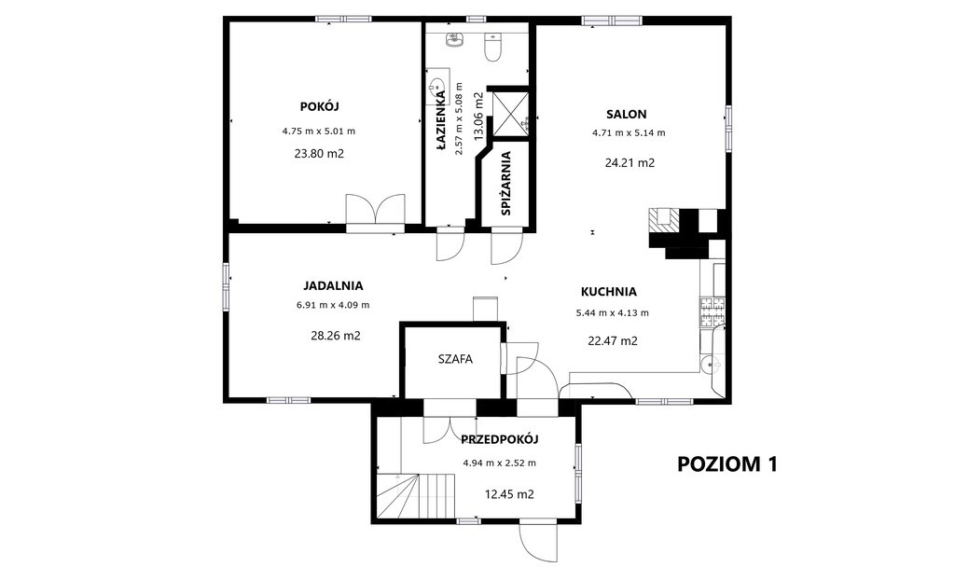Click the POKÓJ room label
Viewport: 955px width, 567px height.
[319, 106]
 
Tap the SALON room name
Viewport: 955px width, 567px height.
[626, 114]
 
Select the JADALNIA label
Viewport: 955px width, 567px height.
[333, 285]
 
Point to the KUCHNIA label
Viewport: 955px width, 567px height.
[608, 292]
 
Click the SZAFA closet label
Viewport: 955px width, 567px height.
[455, 359]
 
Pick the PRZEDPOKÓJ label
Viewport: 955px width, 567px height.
[500, 439]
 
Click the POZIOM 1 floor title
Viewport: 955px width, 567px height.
[727, 464]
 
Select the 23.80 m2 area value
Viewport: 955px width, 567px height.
[319, 154]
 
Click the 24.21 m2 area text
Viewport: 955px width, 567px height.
[630, 162]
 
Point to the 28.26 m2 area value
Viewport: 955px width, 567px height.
[336, 335]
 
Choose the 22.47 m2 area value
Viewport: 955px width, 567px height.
[613, 341]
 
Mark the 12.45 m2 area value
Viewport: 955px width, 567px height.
[509, 494]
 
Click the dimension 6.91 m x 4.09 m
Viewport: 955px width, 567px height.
[333, 305]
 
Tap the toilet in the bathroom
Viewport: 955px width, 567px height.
[492, 47]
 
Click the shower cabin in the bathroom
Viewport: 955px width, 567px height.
[510, 113]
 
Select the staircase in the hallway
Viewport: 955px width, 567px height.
[416, 496]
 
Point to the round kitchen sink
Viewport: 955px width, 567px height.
[708, 365]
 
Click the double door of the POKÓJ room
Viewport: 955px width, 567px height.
[376, 213]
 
